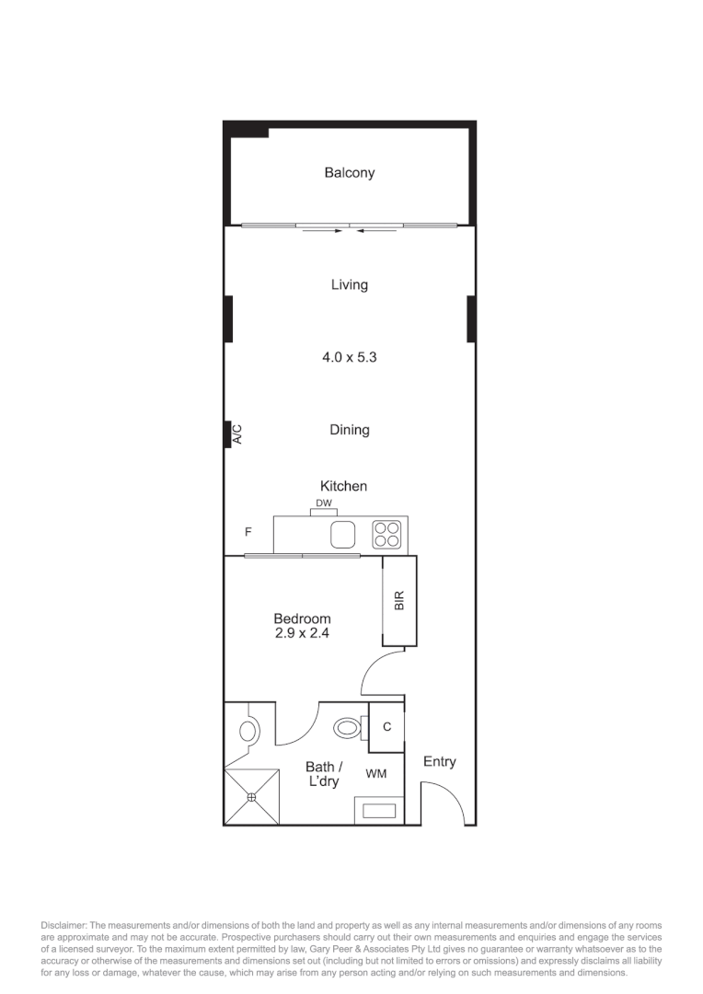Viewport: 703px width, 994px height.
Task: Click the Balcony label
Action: (x=349, y=172)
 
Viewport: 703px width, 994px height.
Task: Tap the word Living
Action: (x=349, y=284)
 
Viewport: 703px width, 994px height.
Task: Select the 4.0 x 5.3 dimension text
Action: (x=349, y=357)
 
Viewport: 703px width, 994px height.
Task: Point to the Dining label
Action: (x=349, y=429)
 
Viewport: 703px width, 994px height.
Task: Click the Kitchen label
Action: (x=343, y=485)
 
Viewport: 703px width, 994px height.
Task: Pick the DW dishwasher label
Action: (x=323, y=503)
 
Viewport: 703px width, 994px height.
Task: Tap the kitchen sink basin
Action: (x=343, y=534)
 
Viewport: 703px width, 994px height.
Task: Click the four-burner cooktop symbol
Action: (x=386, y=534)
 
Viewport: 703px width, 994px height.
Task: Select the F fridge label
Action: (x=248, y=532)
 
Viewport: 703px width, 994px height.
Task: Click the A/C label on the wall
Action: (x=236, y=433)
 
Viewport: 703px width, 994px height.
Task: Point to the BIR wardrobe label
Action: (x=399, y=601)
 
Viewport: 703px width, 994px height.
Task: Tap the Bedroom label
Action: (x=302, y=618)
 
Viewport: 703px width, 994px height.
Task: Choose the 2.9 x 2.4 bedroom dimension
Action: (x=302, y=633)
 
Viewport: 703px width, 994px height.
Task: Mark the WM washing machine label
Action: (x=375, y=774)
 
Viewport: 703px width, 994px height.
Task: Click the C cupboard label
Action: (x=386, y=726)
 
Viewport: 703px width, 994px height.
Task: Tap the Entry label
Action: (x=439, y=761)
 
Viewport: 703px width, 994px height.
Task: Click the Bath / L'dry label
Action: (x=323, y=774)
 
